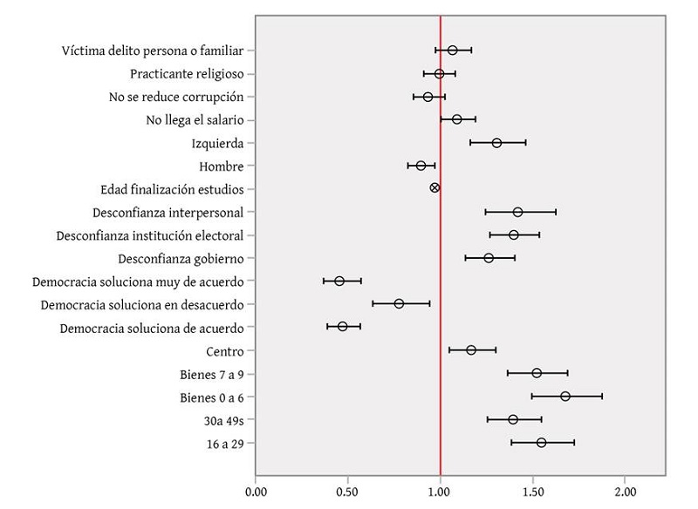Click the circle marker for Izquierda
point(496,143)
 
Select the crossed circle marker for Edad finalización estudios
point(435,187)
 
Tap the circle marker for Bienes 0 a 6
point(565,397)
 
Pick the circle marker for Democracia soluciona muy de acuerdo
point(339,281)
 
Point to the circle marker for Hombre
point(421,166)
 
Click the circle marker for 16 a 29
point(541,443)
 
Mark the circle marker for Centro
point(471,350)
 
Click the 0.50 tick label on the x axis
point(347,492)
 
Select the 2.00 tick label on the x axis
point(625,492)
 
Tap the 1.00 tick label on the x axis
point(441,492)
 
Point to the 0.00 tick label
point(256,492)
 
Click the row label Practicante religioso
point(187,73)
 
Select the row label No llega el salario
point(195,119)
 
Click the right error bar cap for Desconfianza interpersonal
point(556,212)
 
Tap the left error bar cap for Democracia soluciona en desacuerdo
point(373,303)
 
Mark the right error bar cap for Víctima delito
point(471,51)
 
